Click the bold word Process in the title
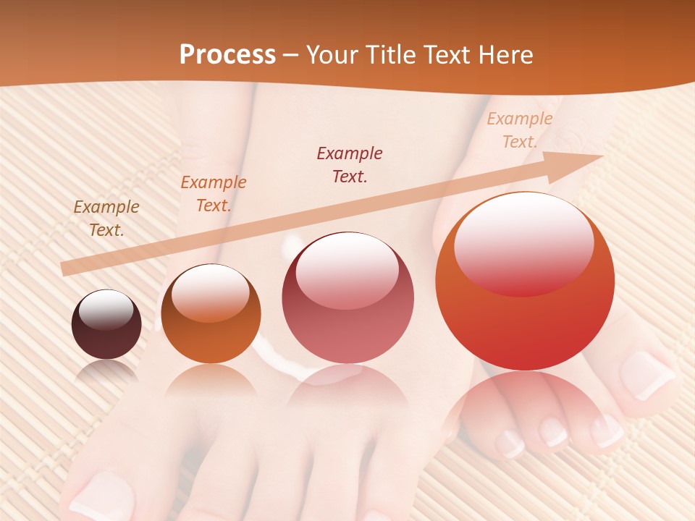click(227, 55)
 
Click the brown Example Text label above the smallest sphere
click(106, 219)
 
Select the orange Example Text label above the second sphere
click(213, 194)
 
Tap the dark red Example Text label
click(350, 164)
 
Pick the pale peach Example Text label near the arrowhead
click(519, 130)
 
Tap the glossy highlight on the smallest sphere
click(106, 309)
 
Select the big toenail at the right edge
click(646, 375)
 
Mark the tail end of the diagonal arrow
click(64, 269)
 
